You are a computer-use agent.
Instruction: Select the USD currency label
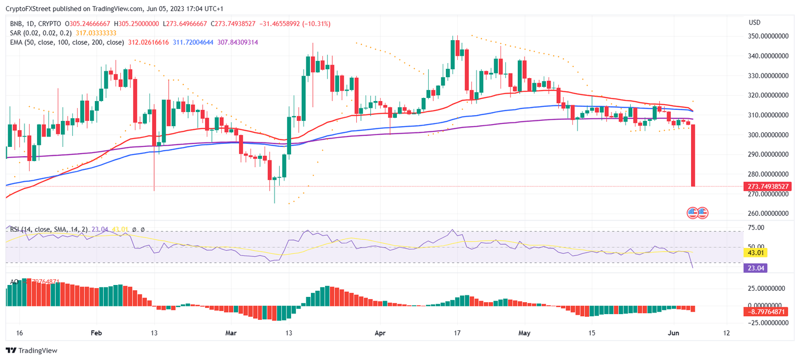(755, 23)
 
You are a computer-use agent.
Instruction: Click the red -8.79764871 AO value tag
(767, 312)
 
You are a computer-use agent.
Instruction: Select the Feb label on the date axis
(96, 333)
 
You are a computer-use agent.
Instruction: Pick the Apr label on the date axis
(380, 333)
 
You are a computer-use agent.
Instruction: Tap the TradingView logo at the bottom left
(32, 351)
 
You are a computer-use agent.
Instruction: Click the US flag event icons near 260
(697, 213)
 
